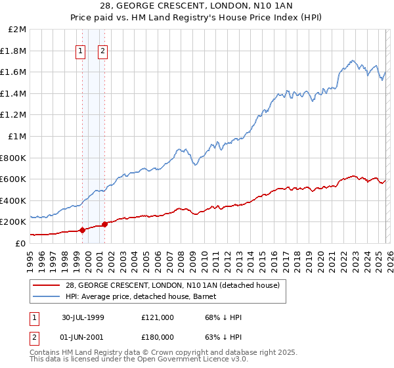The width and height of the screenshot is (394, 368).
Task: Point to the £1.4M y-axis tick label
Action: [x=14, y=93]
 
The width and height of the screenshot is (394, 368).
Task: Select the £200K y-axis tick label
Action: [x=13, y=222]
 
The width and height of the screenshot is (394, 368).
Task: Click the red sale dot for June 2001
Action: [x=104, y=224]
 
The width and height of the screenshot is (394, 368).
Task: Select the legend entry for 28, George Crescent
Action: [x=173, y=285]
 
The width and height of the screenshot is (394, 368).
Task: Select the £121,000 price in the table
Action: [x=157, y=317]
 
